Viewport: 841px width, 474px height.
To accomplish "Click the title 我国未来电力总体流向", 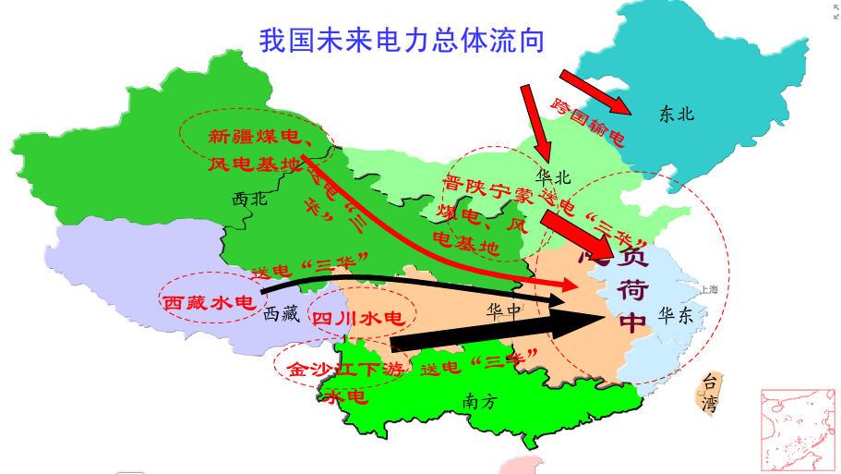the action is point(402,41).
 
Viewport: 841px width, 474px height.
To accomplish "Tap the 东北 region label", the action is point(676,115).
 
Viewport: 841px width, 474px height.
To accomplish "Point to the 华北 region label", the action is point(554,176).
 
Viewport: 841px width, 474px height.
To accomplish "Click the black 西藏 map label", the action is point(282,314).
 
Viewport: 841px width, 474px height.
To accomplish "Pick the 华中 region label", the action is point(504,310).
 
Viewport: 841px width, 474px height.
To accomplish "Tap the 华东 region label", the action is point(675,315).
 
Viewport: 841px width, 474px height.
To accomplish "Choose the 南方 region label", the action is point(480,401).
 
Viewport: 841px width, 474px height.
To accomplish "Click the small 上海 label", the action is point(709,289).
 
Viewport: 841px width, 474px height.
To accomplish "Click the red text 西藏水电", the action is point(208,302).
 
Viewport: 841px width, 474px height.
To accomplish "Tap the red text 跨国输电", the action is point(587,119).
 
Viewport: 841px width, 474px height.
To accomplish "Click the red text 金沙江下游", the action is point(345,369).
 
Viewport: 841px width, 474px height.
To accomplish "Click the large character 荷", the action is point(632,288).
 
